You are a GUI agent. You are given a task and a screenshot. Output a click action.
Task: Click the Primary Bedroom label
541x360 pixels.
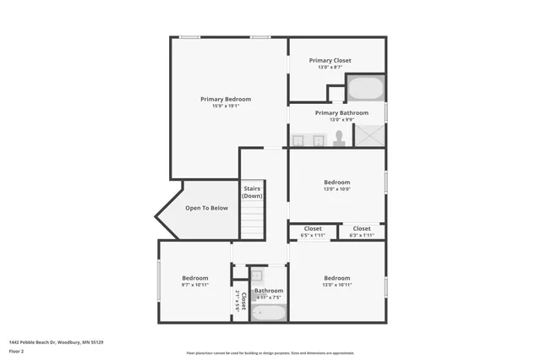point(225,99)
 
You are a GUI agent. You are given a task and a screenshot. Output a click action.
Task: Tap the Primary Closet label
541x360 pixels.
point(330,60)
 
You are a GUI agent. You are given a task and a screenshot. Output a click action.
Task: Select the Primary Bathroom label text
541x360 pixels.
point(342,112)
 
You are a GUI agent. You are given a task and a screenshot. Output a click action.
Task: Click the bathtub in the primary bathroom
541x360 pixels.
point(365,89)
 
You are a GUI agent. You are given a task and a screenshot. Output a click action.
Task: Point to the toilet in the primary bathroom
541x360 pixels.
point(339,138)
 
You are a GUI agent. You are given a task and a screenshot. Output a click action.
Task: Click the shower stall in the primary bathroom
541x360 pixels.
point(369,135)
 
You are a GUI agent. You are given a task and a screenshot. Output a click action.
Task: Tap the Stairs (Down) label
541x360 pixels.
point(252,192)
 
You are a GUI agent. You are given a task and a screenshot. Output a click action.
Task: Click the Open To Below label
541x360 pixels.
point(206,208)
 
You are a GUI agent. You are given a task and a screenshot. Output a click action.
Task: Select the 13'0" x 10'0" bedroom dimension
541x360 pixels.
point(336,189)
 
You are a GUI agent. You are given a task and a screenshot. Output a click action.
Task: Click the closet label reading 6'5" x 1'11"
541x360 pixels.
point(313,234)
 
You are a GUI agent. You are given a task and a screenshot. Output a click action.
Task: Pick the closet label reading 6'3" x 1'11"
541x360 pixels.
point(362,234)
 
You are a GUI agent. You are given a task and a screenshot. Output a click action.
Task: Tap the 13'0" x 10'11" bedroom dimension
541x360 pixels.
point(336,285)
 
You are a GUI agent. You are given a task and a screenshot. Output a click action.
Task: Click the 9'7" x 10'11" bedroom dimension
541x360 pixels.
point(194,285)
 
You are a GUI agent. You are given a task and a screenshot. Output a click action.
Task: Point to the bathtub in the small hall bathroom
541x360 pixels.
point(269,313)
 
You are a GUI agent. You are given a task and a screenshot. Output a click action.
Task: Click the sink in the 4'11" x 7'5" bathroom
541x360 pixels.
point(257,275)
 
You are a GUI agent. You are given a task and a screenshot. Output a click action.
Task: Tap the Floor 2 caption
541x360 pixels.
point(17,351)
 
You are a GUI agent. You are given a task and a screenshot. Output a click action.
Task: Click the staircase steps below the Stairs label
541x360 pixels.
point(252,220)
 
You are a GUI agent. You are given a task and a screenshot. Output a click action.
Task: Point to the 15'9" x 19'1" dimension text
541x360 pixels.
point(225,106)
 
